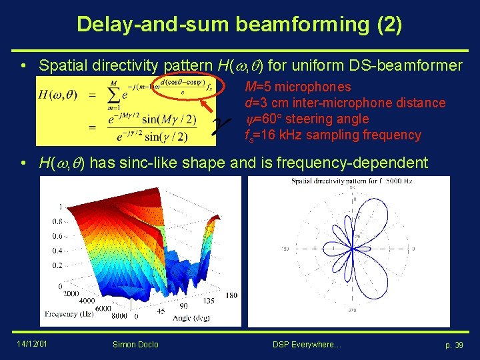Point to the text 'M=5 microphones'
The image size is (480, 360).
297,87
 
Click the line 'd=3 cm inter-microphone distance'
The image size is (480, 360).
345,103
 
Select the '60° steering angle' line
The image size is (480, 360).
307,119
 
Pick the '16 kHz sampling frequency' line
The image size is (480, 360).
333,135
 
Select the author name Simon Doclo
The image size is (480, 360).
135,344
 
